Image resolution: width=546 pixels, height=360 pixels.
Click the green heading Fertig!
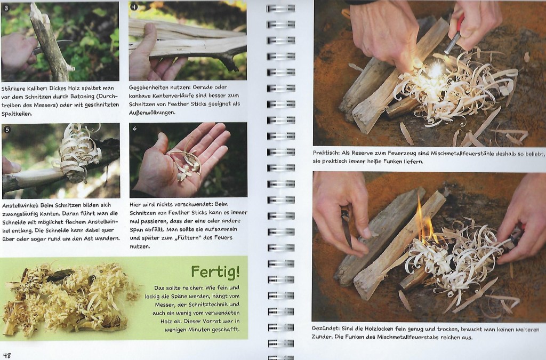click(215, 271)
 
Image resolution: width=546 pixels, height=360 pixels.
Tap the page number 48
click(6, 356)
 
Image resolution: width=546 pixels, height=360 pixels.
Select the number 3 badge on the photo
click(5, 7)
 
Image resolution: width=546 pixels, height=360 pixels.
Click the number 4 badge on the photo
click(133, 6)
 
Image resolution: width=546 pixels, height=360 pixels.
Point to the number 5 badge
click(6, 130)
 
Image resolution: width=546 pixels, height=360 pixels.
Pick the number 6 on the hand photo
click(135, 129)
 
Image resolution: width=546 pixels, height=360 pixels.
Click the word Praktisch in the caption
click(326, 153)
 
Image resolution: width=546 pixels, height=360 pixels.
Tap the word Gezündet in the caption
click(325, 329)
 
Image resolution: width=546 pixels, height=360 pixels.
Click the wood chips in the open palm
click(185, 163)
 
